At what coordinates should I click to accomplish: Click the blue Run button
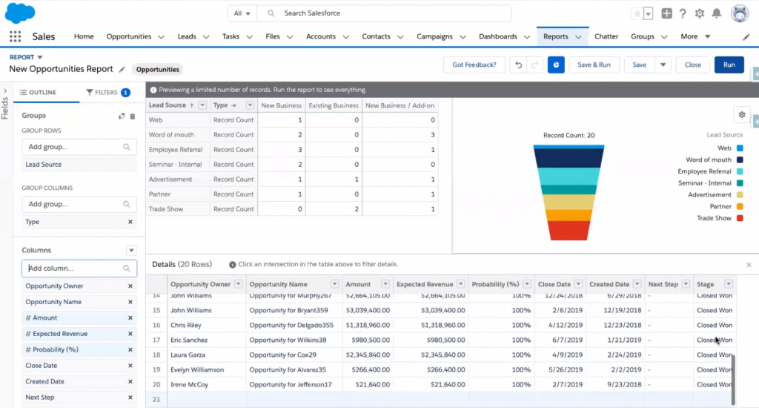click(729, 65)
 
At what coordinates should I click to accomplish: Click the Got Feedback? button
click(474, 65)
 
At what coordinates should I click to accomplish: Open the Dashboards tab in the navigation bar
click(497, 36)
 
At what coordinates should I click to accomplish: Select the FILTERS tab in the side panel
click(102, 93)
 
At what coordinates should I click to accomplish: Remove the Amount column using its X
click(130, 317)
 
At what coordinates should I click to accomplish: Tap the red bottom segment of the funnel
click(569, 231)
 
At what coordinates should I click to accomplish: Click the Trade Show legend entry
click(714, 218)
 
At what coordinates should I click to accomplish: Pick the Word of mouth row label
click(171, 135)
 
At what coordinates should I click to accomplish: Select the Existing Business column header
click(333, 105)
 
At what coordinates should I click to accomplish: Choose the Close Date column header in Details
click(554, 284)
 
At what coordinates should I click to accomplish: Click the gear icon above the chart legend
click(740, 114)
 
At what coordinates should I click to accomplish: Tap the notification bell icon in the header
click(716, 13)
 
